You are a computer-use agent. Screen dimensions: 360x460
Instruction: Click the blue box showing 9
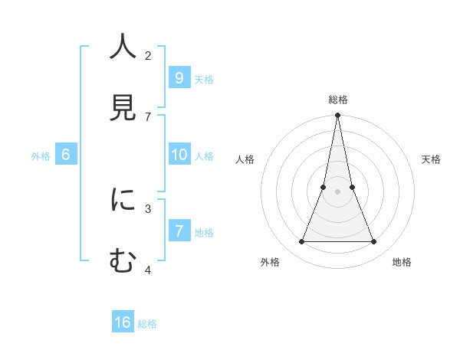(x=179, y=77)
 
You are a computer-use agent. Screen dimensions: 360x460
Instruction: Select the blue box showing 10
(x=179, y=155)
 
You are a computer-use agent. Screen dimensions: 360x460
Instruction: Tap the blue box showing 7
(x=179, y=231)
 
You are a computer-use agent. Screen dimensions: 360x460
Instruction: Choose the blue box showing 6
(x=66, y=155)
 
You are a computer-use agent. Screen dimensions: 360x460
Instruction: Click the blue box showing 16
(x=123, y=322)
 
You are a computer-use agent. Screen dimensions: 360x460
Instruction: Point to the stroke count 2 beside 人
(x=148, y=55)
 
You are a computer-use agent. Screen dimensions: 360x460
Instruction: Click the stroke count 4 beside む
(x=148, y=270)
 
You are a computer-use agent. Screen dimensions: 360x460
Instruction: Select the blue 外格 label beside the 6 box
(x=41, y=156)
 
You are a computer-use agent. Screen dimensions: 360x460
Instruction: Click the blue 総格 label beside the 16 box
(x=147, y=324)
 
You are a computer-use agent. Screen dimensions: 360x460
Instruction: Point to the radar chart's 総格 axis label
(x=337, y=100)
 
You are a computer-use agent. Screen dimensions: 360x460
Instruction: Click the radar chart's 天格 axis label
(x=432, y=159)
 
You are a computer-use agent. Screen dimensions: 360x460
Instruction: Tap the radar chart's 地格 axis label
(x=402, y=262)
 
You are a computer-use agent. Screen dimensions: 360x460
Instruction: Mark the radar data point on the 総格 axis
(x=337, y=116)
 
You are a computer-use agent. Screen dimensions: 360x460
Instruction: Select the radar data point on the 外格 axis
(x=301, y=242)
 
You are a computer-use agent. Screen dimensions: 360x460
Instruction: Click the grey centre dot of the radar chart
(x=337, y=192)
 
